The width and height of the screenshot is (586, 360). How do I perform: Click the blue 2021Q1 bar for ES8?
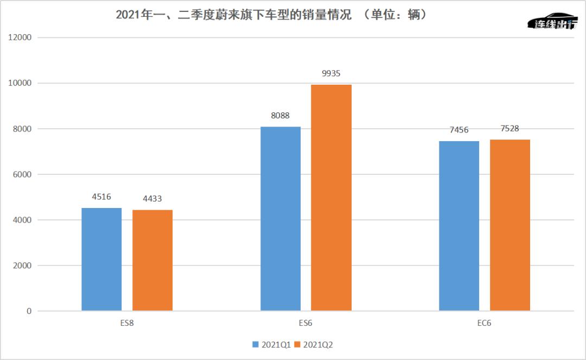click(x=101, y=259)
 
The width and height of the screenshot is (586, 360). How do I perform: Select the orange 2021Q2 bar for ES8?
click(x=152, y=260)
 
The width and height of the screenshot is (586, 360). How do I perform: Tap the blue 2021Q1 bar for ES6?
click(x=281, y=219)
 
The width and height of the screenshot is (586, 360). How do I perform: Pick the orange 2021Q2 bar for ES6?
click(x=331, y=198)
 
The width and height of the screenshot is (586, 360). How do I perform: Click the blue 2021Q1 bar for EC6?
click(x=459, y=226)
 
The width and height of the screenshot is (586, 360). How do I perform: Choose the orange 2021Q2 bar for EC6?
click(x=509, y=225)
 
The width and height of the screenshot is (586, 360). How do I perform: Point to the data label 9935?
click(x=331, y=74)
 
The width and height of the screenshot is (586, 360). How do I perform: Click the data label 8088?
click(x=281, y=116)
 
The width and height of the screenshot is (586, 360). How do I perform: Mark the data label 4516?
click(x=101, y=197)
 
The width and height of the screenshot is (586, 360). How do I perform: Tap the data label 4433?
click(x=152, y=199)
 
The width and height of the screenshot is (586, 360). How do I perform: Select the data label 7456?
click(x=459, y=130)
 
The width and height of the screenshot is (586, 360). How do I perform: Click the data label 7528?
click(x=509, y=129)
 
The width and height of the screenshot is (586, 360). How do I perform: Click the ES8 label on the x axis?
click(x=127, y=323)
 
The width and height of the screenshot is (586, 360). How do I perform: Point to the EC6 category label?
click(x=485, y=323)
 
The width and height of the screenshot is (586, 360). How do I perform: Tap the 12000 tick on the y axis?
click(x=20, y=37)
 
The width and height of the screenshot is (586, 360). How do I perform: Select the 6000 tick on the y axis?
click(x=22, y=175)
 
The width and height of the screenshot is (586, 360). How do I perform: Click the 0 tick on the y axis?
click(x=29, y=311)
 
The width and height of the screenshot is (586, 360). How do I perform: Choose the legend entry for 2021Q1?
click(x=272, y=345)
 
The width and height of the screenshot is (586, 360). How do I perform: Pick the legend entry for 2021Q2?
click(x=314, y=345)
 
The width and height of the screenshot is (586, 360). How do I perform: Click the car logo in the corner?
click(x=552, y=21)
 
